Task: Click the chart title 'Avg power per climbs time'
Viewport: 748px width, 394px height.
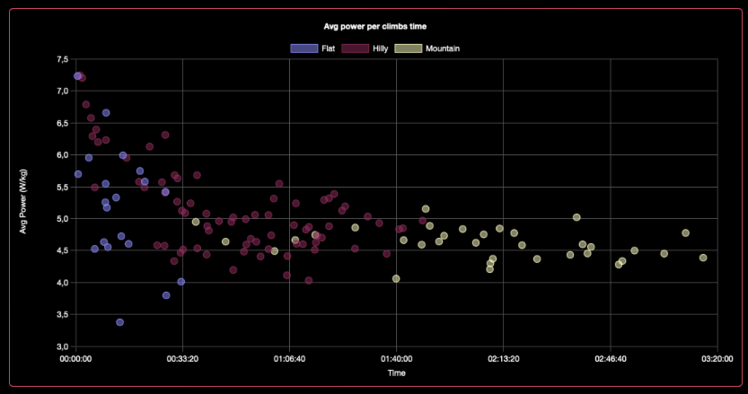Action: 374,26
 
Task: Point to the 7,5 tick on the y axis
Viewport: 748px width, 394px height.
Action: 61,59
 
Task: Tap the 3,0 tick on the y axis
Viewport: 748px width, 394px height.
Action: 61,346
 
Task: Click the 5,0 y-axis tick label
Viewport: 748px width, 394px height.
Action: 61,219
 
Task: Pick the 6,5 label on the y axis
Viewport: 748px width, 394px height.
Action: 61,123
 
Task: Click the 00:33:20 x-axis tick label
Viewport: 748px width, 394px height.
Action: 182,357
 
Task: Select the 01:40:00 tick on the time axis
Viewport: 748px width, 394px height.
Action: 396,357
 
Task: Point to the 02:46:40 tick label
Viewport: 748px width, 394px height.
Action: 610,357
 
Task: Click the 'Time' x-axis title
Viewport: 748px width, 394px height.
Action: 396,372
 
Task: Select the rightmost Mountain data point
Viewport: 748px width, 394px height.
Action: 703,258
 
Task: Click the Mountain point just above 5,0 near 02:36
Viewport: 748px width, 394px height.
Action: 576,217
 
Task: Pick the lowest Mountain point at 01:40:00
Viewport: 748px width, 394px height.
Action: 396,279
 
